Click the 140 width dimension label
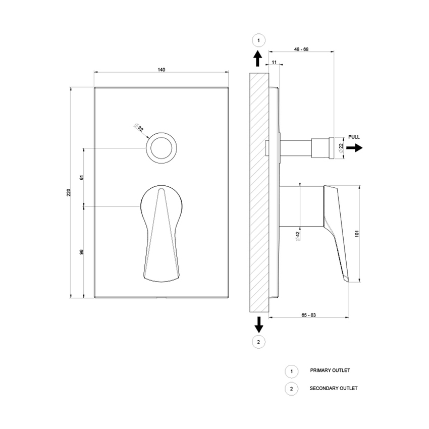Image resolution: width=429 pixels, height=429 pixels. pos(162,70)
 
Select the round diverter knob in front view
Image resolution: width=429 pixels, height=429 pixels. pos(162,148)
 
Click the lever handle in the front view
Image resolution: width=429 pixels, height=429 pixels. pos(162,232)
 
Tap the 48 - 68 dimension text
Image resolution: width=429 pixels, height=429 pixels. pos(301,49)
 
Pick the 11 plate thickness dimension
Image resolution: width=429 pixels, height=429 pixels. pos(274,62)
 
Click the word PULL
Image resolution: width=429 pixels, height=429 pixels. pos(354,137)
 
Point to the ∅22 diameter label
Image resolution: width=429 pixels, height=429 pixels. pos(341,147)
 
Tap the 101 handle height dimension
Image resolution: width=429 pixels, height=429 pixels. pos(357,234)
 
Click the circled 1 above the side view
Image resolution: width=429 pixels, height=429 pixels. pos(258,40)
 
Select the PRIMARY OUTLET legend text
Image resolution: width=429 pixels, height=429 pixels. pos(330,370)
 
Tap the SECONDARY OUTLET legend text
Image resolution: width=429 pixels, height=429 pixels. pos(334,388)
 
